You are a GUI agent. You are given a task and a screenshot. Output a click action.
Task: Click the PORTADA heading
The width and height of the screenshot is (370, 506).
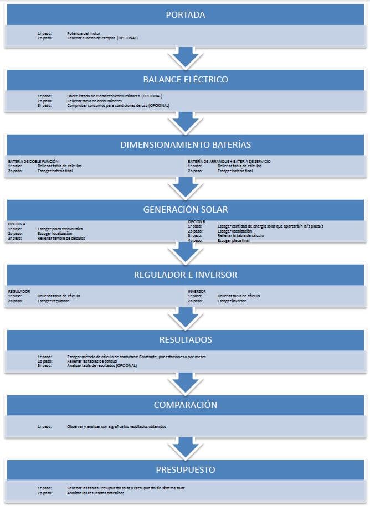(x=185, y=15)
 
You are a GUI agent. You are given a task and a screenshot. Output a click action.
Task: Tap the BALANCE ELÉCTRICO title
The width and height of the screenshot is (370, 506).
(x=185, y=80)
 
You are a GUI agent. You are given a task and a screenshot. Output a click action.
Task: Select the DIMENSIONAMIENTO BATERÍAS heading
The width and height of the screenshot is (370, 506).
(x=185, y=145)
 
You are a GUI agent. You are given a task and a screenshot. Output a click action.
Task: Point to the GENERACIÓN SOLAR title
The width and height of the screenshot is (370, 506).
(x=185, y=210)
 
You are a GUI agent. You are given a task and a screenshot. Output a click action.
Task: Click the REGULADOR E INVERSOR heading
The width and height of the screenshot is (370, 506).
(x=185, y=275)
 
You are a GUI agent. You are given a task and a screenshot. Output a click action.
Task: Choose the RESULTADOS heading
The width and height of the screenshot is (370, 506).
(x=185, y=339)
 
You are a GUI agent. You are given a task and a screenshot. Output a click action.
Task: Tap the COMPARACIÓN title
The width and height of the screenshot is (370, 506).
(x=185, y=405)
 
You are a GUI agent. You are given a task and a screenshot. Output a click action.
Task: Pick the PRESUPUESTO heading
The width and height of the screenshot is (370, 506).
(x=185, y=470)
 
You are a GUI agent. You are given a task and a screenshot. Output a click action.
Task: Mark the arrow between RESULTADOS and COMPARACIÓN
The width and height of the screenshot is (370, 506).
(x=185, y=382)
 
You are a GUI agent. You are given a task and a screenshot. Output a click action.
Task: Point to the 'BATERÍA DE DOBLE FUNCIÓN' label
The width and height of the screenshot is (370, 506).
(x=33, y=161)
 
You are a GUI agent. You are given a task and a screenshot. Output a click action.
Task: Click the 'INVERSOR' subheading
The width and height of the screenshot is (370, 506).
(x=197, y=291)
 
